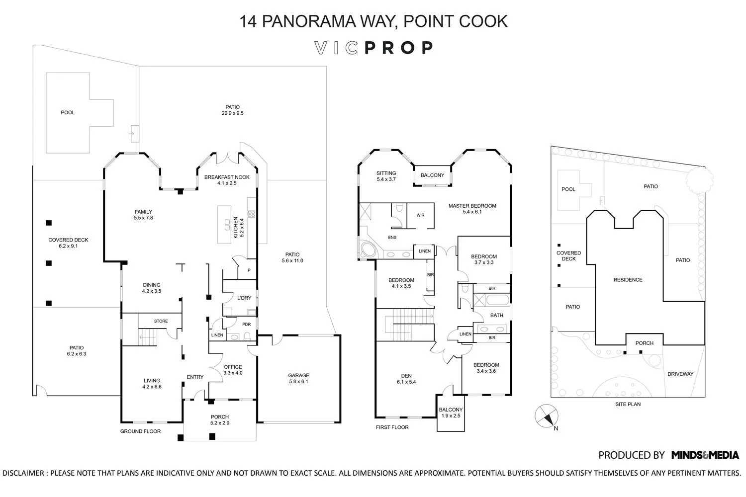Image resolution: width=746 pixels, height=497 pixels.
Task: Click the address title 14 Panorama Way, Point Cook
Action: pyautogui.click(x=373, y=21)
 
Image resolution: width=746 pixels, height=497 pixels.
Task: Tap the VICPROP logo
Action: pyautogui.click(x=373, y=48)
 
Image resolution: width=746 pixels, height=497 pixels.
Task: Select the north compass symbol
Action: pyautogui.click(x=546, y=416)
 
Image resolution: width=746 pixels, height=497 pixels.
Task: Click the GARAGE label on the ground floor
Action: pyautogui.click(x=298, y=378)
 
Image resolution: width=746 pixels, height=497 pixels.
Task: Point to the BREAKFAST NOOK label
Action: pyautogui.click(x=227, y=180)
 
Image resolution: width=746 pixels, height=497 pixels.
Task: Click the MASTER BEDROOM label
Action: pyautogui.click(x=472, y=209)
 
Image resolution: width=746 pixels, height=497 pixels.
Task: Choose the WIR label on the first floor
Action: pyautogui.click(x=420, y=215)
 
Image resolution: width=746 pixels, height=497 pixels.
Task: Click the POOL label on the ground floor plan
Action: pyautogui.click(x=68, y=112)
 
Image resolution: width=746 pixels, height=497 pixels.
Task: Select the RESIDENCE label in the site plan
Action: pyautogui.click(x=628, y=280)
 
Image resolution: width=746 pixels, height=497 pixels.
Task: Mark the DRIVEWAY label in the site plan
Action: pyautogui.click(x=680, y=374)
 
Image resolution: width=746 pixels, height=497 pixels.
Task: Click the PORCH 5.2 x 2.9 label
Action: pyautogui.click(x=220, y=420)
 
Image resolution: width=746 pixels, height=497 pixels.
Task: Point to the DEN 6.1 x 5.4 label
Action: pyautogui.click(x=406, y=379)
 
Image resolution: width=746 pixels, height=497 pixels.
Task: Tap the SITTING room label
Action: pyautogui.click(x=386, y=176)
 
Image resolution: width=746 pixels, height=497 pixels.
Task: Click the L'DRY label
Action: pyautogui.click(x=244, y=298)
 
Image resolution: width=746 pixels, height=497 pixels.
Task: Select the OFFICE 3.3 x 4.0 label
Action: pyautogui.click(x=233, y=370)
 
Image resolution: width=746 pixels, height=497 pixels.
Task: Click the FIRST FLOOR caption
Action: pyautogui.click(x=392, y=427)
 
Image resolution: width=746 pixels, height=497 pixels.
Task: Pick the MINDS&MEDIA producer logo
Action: pyautogui.click(x=705, y=455)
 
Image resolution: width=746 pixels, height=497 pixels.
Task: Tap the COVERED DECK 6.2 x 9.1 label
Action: pyautogui.click(x=69, y=243)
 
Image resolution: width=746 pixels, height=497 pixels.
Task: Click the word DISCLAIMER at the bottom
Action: pyautogui.click(x=23, y=473)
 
